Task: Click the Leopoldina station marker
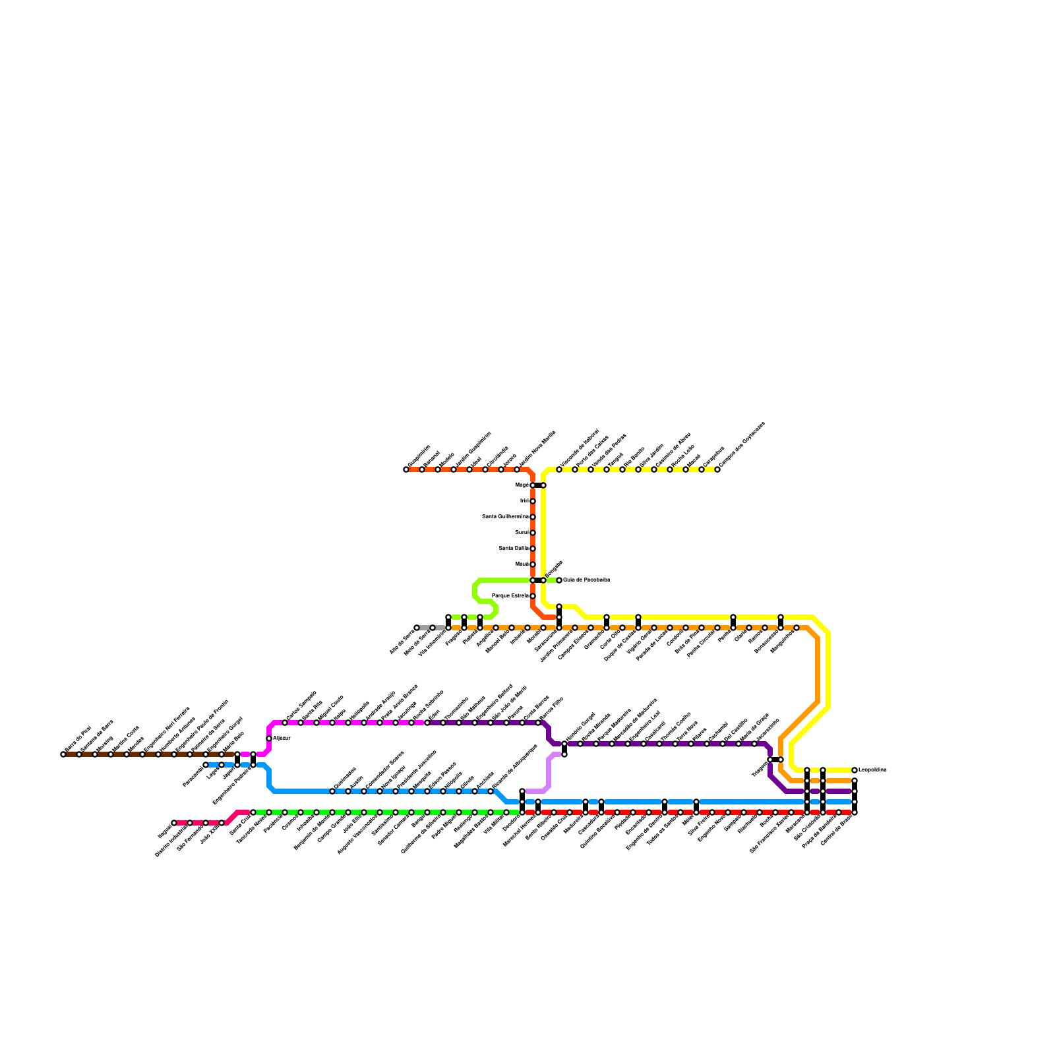tap(855, 770)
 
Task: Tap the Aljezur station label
tap(282, 738)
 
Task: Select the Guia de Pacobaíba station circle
tap(559, 580)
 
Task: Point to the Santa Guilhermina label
tap(505, 517)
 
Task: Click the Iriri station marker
tap(533, 501)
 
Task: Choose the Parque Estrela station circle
tap(533, 596)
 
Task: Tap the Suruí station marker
tap(533, 533)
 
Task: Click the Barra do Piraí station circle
tap(63, 754)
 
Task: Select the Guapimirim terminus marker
tap(406, 469)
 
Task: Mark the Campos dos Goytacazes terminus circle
tap(717, 469)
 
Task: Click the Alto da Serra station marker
tap(417, 628)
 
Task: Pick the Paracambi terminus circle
tap(206, 765)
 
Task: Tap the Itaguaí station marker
tap(174, 823)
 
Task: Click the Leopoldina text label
tap(872, 770)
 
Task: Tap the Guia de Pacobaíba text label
tap(587, 580)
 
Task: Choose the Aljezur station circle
tap(269, 738)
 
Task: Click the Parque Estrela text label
tap(510, 596)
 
